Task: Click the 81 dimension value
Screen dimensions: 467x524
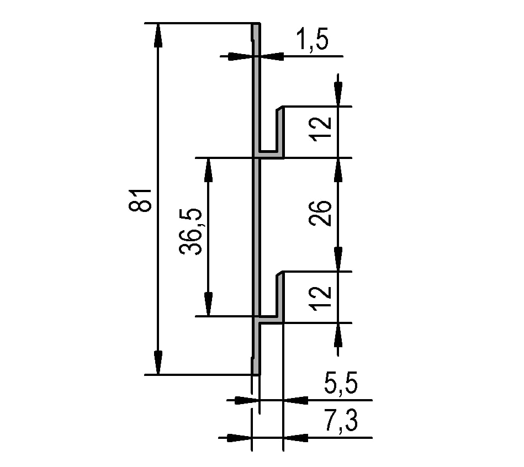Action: (142, 199)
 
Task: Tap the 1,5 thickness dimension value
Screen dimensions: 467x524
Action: (313, 41)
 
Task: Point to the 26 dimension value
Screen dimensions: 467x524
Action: (322, 213)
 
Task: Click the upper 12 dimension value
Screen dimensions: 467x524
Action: (322, 129)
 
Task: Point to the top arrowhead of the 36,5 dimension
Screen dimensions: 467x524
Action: (208, 169)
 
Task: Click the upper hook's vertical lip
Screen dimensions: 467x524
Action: (280, 130)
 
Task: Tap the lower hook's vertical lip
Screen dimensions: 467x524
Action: (280, 295)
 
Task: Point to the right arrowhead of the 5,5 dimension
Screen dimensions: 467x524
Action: (295, 400)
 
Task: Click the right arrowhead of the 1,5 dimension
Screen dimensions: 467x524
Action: (271, 56)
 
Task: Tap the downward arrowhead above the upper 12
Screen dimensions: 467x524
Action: (338, 94)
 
